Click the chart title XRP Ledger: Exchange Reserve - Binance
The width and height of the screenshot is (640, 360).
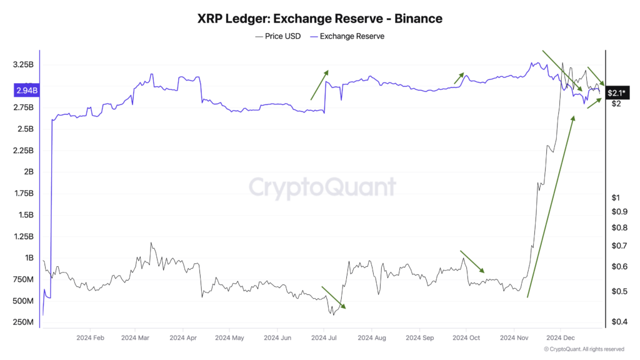coord(320,19)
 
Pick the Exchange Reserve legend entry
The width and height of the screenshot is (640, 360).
coord(352,36)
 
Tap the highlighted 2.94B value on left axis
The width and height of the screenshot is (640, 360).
coord(26,91)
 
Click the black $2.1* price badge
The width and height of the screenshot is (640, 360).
coord(616,93)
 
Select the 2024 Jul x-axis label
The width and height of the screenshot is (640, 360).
coord(324,338)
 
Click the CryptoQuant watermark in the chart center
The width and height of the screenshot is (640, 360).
coord(322,187)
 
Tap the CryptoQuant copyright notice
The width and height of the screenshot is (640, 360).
coord(584,349)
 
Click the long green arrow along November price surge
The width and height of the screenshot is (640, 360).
coord(551,206)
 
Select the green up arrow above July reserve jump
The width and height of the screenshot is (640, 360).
coord(319,85)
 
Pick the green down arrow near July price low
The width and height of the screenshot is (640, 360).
coord(333,297)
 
